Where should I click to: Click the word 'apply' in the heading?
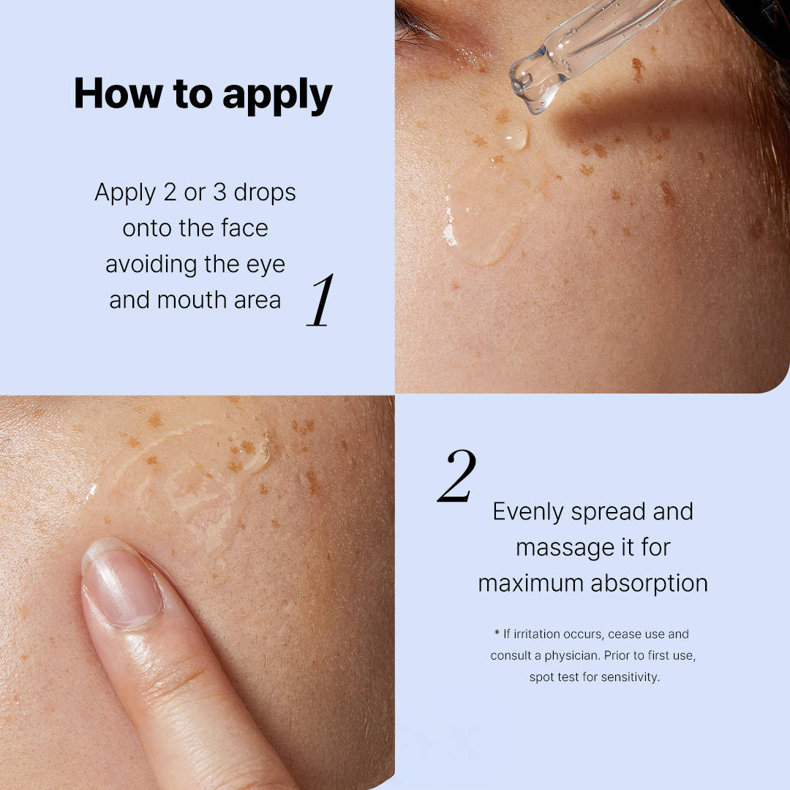[278, 96]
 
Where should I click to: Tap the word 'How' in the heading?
[118, 93]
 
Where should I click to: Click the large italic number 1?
[320, 301]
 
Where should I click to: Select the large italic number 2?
[457, 476]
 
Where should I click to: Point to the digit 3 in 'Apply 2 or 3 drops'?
[219, 192]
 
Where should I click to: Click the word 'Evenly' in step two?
[528, 512]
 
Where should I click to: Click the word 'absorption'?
[650, 584]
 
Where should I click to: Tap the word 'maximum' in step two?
[531, 584]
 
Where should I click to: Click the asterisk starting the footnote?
[497, 633]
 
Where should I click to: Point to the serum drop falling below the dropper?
[513, 135]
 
